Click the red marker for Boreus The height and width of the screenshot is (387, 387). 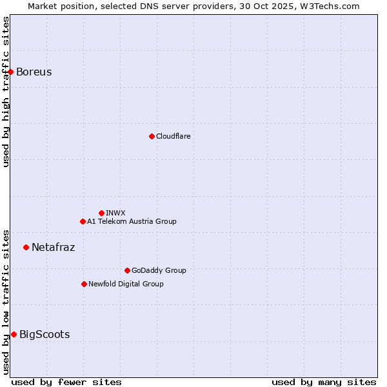(11, 72)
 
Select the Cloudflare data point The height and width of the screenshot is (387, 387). (152, 136)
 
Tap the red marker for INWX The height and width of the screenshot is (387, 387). (101, 213)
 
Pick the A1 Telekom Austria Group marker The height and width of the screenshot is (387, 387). (83, 221)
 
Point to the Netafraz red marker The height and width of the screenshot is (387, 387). (26, 247)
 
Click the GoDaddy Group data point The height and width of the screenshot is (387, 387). (127, 270)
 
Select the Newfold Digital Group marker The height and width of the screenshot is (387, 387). (84, 284)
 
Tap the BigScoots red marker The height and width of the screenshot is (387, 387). (14, 334)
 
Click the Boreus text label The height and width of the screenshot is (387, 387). (34, 72)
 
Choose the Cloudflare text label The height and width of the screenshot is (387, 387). (173, 136)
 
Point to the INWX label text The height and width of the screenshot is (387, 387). (115, 213)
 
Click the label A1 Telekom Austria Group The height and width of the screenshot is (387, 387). (132, 221)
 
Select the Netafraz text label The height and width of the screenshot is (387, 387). (53, 247)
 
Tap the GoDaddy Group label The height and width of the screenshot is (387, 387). (158, 270)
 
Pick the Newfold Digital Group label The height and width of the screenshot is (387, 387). (126, 284)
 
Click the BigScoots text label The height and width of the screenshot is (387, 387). (45, 334)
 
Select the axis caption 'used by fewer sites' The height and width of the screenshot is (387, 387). (66, 382)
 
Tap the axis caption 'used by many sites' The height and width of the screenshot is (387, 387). (324, 382)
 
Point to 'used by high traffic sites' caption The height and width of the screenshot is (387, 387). (6, 92)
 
